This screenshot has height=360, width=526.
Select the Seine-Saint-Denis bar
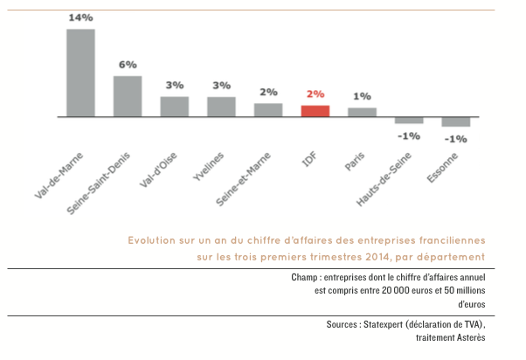128,96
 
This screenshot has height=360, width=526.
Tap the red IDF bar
315,111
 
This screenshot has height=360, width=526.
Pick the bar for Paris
363,112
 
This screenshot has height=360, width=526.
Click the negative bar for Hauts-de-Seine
409,121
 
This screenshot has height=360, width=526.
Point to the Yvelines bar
221,107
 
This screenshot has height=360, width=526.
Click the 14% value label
80,17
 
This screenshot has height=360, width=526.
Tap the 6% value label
128,65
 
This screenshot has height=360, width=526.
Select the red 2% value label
315,94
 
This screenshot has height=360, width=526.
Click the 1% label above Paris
363,96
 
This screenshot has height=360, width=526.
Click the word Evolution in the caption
153,239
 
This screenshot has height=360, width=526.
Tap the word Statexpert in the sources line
381,324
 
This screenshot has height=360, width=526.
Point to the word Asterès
467,337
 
